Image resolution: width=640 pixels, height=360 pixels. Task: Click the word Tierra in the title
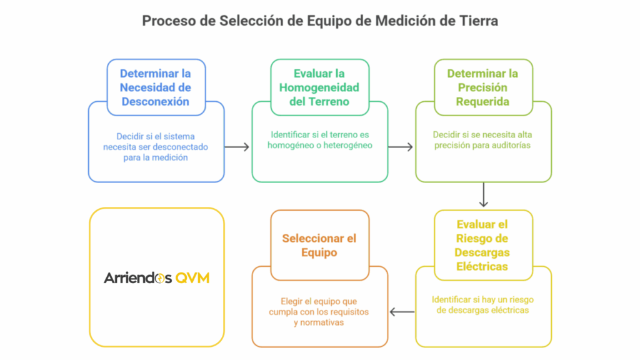478,21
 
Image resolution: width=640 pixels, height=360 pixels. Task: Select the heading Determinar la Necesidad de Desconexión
156,87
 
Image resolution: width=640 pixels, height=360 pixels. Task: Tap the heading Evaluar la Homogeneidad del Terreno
319,87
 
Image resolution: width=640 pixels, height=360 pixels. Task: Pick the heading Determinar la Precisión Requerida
482,87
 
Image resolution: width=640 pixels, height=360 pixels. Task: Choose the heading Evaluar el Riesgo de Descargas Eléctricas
482,245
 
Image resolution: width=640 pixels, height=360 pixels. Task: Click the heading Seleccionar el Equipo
319,245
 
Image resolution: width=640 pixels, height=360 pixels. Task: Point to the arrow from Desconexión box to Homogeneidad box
237,147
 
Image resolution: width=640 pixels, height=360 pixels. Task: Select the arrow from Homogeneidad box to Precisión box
401,147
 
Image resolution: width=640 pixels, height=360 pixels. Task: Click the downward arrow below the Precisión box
484,195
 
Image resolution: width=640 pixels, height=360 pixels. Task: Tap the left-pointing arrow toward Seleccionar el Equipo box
402,312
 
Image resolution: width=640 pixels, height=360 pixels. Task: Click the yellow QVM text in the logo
192,278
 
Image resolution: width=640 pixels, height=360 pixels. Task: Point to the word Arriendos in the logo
138,278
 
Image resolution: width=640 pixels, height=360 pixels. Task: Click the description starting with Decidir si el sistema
156,147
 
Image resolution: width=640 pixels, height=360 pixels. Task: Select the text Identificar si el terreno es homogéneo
319,140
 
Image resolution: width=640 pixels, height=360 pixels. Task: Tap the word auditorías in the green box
511,145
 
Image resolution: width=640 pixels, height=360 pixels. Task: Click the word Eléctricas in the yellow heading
482,266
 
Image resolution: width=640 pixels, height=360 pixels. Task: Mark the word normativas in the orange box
322,322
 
